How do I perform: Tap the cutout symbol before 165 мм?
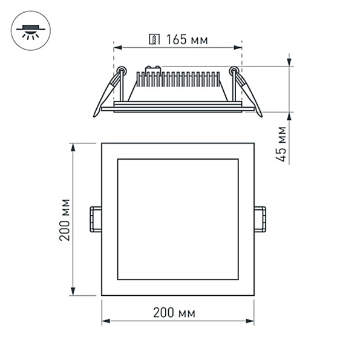155,41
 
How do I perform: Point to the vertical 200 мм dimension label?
65,219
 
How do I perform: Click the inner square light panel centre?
178,219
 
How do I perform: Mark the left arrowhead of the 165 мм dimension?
117,47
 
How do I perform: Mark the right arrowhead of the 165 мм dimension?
239,47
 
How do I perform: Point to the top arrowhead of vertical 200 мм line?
73,146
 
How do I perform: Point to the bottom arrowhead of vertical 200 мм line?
73,292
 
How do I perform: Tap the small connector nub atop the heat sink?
152,68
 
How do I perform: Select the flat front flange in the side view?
178,109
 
